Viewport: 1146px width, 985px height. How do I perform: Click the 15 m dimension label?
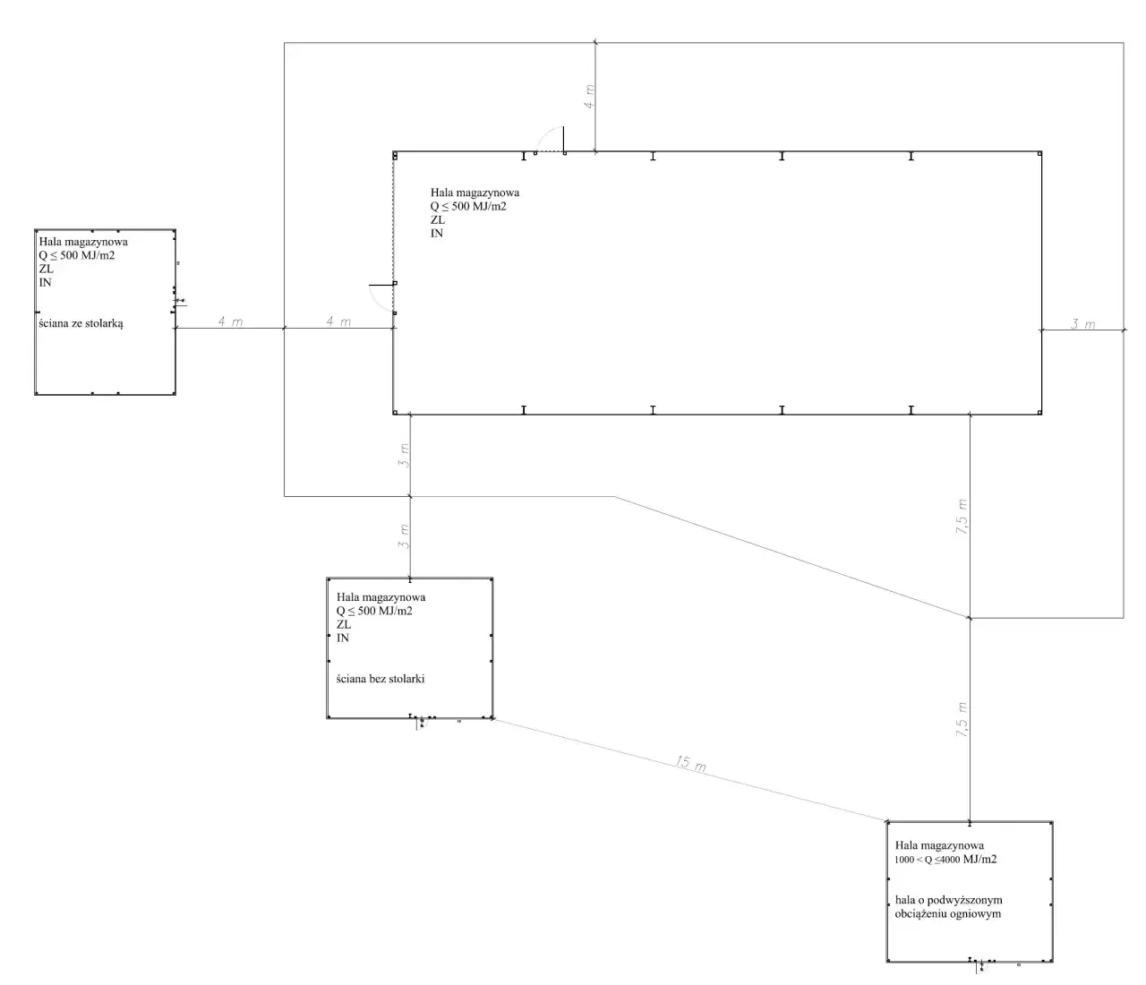click(690, 765)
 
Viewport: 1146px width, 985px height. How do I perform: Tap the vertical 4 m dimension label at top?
click(588, 97)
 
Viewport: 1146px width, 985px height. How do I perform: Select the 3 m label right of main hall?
click(1082, 324)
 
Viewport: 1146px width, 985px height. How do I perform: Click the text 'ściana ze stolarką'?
click(81, 323)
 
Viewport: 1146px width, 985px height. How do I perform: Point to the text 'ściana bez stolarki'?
click(381, 679)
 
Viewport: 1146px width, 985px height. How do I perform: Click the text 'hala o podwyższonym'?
click(948, 900)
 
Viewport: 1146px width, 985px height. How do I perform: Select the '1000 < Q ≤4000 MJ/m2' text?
click(945, 860)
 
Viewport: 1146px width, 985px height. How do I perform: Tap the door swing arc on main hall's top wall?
click(548, 140)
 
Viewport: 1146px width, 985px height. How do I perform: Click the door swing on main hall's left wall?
click(381, 298)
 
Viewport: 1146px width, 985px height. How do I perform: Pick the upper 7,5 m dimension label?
click(962, 517)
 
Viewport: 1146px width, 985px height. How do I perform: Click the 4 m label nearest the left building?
click(230, 321)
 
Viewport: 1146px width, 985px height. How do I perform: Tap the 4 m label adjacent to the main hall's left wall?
click(338, 321)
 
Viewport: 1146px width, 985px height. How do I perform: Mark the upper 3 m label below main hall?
click(405, 457)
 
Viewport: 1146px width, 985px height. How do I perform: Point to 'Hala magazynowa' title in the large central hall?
click(475, 193)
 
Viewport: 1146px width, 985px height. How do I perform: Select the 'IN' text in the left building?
click(46, 282)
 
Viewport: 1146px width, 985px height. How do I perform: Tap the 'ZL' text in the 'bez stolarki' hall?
click(344, 625)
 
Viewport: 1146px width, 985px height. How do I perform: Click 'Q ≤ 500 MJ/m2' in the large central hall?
click(468, 206)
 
